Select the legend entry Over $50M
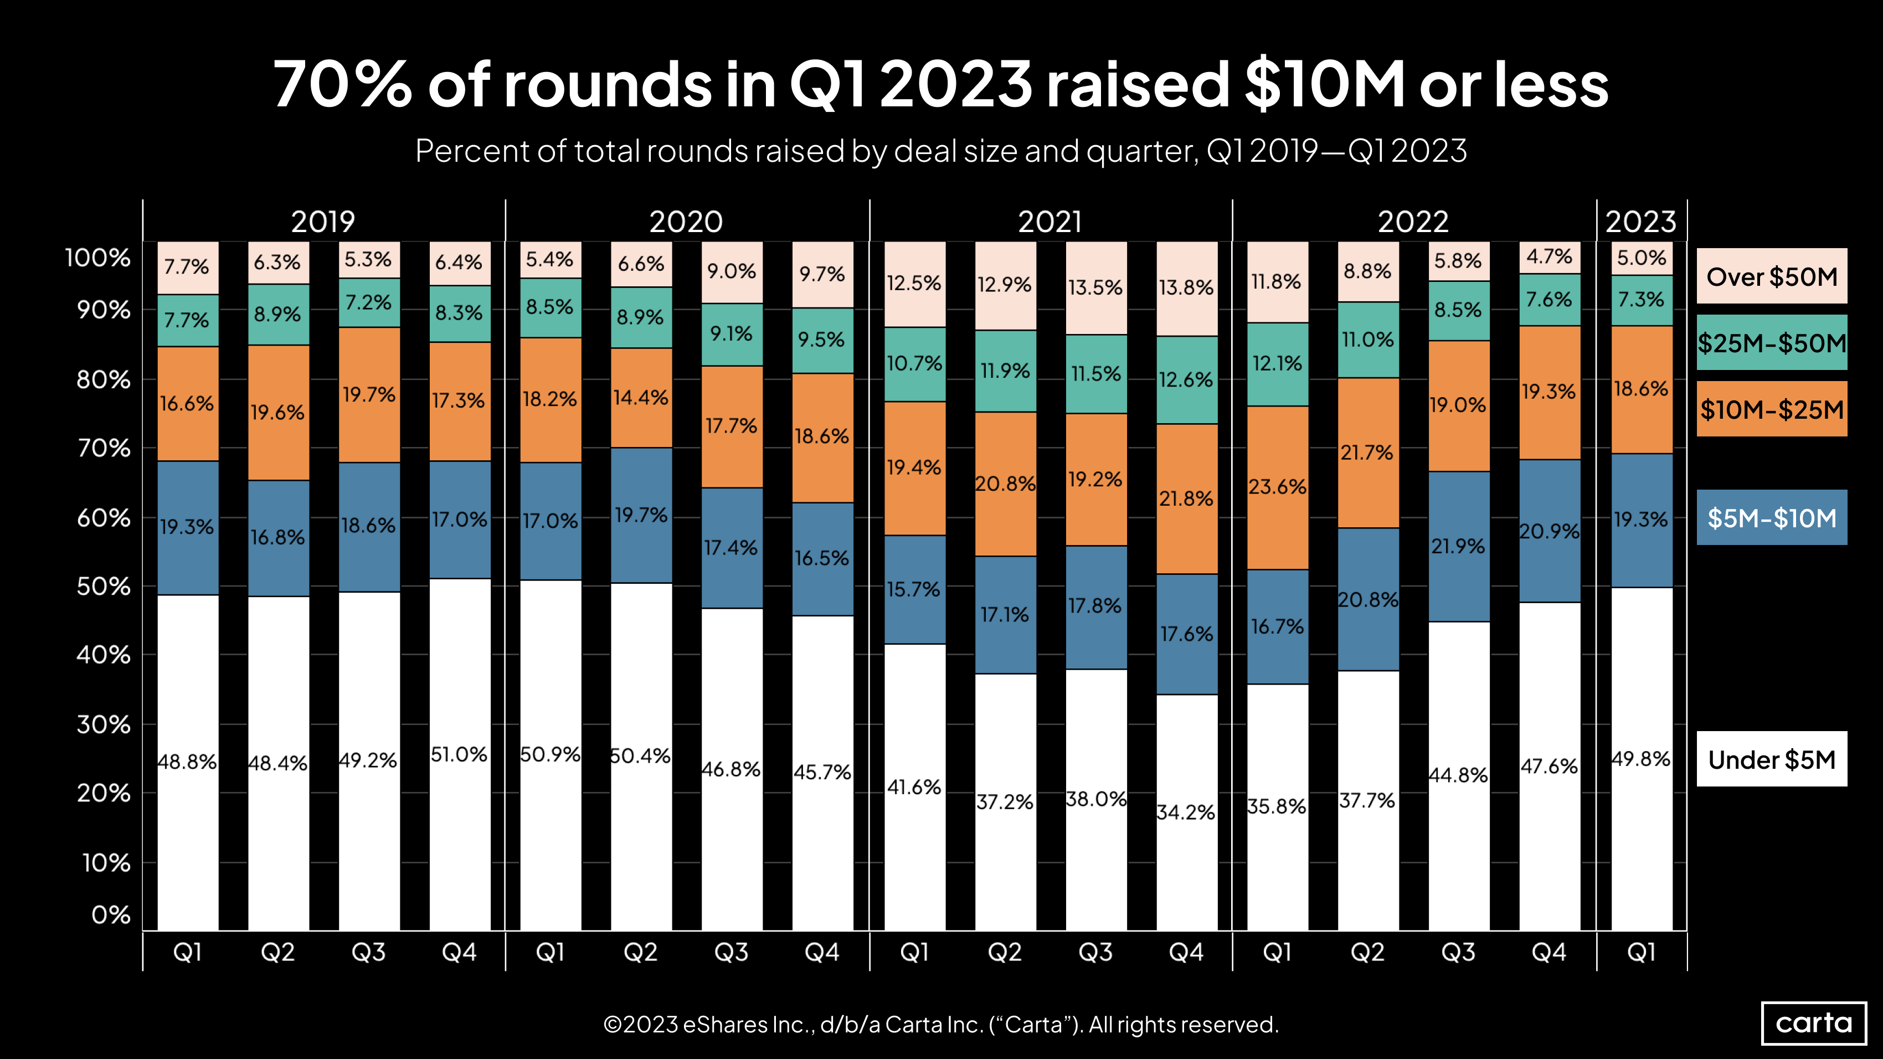click(1771, 276)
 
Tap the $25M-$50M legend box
click(1771, 343)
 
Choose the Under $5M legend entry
click(1771, 759)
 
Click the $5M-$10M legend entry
click(1771, 517)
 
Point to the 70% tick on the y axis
click(104, 448)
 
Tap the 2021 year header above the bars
click(1049, 222)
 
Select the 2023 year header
click(1640, 222)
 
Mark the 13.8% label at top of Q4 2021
click(1186, 287)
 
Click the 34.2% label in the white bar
click(1186, 812)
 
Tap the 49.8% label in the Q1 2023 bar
click(1641, 759)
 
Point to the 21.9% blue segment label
click(1458, 546)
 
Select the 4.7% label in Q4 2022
click(1549, 256)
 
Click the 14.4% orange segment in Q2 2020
click(640, 398)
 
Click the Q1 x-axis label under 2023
click(1641, 952)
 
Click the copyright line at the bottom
click(941, 1024)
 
